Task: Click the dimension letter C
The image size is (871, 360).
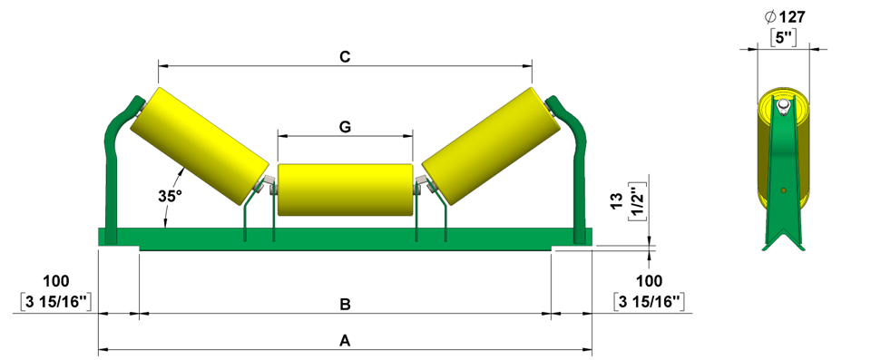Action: coord(345,57)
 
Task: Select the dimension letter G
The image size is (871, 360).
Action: coord(345,127)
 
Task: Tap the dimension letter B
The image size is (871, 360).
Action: coord(345,305)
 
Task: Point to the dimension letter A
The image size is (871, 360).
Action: coord(345,342)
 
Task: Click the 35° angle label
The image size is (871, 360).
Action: coord(169,196)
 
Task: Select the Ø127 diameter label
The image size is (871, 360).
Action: coord(784,17)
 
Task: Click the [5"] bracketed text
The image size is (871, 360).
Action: coord(784,38)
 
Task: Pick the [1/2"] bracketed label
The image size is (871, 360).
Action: coord(634,199)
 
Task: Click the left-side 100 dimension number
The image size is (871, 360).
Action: coord(56,281)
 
